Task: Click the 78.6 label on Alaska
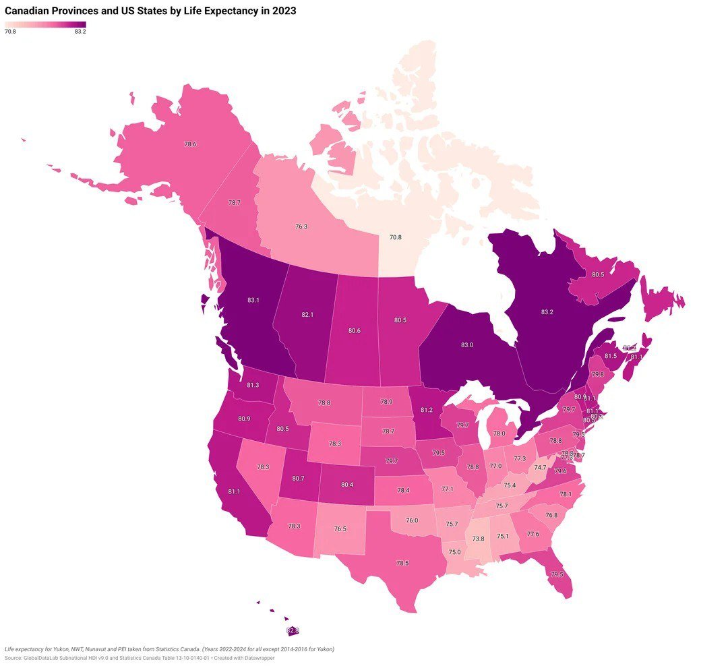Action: [x=190, y=144]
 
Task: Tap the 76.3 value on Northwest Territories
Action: [x=301, y=226]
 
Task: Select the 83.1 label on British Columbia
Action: [x=253, y=300]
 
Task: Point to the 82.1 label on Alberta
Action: [x=307, y=314]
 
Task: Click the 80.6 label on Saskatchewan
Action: [x=354, y=330]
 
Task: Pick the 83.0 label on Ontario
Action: [x=467, y=345]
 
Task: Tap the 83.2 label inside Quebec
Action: [x=547, y=313]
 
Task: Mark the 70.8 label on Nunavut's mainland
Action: [x=396, y=237]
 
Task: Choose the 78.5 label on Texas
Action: [x=402, y=563]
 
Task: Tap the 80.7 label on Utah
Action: [x=298, y=479]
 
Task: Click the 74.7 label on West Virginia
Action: [x=540, y=467]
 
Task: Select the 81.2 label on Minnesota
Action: [x=427, y=409]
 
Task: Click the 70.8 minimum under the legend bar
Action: [x=10, y=32]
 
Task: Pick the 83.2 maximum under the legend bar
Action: [x=80, y=32]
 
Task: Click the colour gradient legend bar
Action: [x=45, y=24]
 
